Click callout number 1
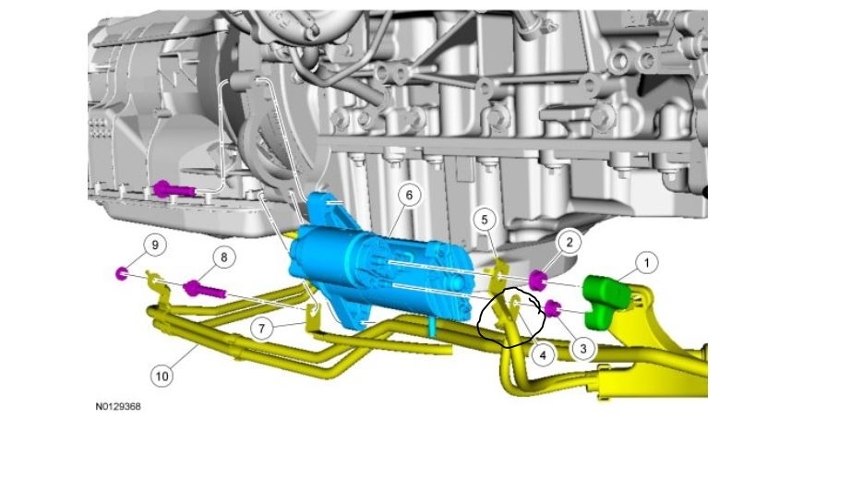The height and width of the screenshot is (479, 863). coord(646,263)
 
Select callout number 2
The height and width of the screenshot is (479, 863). coord(569,242)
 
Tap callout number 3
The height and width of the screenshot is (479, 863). coord(583,348)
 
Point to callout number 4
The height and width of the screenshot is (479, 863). coord(543,355)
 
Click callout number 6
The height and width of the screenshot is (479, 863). coord(409,195)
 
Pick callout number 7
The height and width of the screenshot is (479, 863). coord(261,329)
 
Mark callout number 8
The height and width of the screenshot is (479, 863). coord(224,257)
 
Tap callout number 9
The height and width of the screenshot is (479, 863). coord(155,245)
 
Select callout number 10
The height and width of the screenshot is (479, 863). coord(162,376)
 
